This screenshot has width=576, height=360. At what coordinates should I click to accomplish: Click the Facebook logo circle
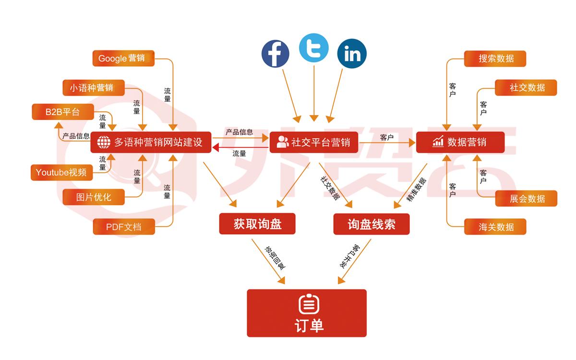pos(275,53)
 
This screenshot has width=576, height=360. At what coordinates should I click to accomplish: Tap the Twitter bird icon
pos(313,48)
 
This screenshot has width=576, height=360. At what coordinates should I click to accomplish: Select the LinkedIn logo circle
pos(352,53)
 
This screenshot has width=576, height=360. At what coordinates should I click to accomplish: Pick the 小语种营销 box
pos(94,88)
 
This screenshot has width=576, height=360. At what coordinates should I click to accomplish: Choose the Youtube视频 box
pos(61,172)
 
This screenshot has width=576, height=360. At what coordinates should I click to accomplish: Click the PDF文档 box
pos(124,227)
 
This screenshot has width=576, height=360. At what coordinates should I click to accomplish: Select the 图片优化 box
pos(94,197)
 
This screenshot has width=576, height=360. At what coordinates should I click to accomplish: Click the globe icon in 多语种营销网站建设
pos(104,143)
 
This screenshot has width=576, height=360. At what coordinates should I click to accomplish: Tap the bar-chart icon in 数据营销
pos(438,142)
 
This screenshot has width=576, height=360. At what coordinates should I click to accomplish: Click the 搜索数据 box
pos(495,59)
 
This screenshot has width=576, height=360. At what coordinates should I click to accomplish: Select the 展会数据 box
pos(526,198)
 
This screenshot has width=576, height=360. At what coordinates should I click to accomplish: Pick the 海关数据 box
pos(495,227)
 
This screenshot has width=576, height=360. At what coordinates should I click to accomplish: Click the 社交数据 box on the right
pos(526,88)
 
